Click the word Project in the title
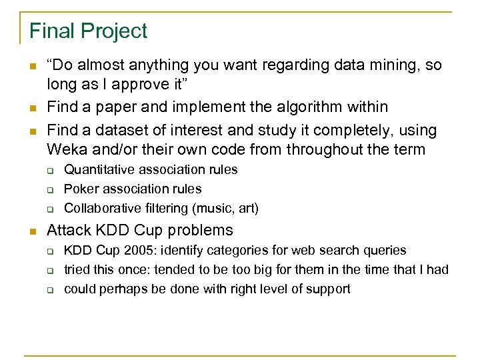[113, 31]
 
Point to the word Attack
[69, 231]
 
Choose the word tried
[77, 270]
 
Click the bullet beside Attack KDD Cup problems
[33, 231]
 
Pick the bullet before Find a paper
[33, 107]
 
